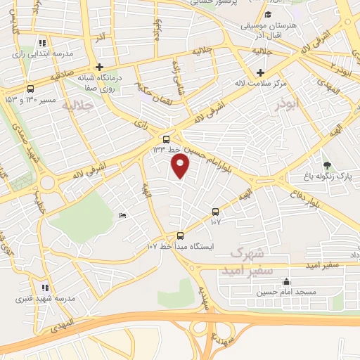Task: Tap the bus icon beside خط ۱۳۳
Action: pos(166,139)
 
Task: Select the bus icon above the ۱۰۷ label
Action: pos(215,211)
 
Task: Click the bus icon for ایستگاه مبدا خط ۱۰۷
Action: pos(181,236)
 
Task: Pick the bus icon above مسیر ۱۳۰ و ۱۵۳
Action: pos(30,89)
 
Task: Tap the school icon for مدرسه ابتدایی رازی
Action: pos(44,42)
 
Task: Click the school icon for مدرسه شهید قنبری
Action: pos(44,287)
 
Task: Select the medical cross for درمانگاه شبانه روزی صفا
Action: pos(101,67)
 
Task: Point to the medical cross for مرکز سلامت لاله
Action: pos(260,72)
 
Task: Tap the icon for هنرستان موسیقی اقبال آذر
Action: pos(268,15)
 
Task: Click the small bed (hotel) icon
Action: pos(123,215)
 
